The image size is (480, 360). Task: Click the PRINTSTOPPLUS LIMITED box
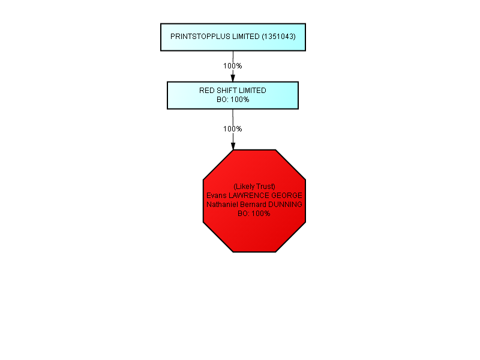[233, 37]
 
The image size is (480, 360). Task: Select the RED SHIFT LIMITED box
[233, 95]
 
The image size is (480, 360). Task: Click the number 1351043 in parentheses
[278, 37]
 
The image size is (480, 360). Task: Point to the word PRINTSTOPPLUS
[200, 37]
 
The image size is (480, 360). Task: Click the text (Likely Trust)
[254, 187]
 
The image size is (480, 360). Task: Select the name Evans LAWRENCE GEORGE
[254, 196]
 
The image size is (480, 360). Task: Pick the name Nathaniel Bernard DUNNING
[254, 204]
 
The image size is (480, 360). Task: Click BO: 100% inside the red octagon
[254, 214]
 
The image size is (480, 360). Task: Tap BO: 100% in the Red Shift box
[233, 100]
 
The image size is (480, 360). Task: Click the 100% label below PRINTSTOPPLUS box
[233, 66]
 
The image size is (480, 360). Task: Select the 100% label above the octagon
[233, 129]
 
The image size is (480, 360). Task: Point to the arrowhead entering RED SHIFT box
[233, 77]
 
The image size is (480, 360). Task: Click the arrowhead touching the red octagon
[233, 146]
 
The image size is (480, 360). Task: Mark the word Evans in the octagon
[217, 196]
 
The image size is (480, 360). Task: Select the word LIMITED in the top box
[246, 37]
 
